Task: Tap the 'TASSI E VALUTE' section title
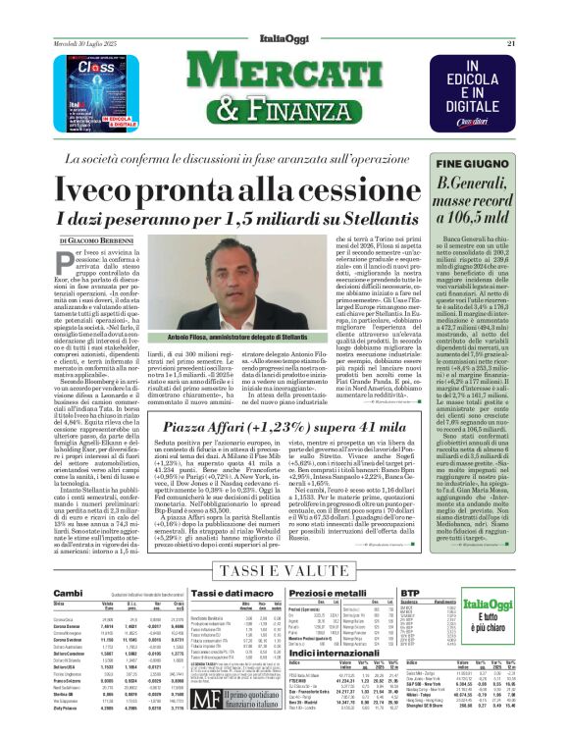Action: pos(284,572)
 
